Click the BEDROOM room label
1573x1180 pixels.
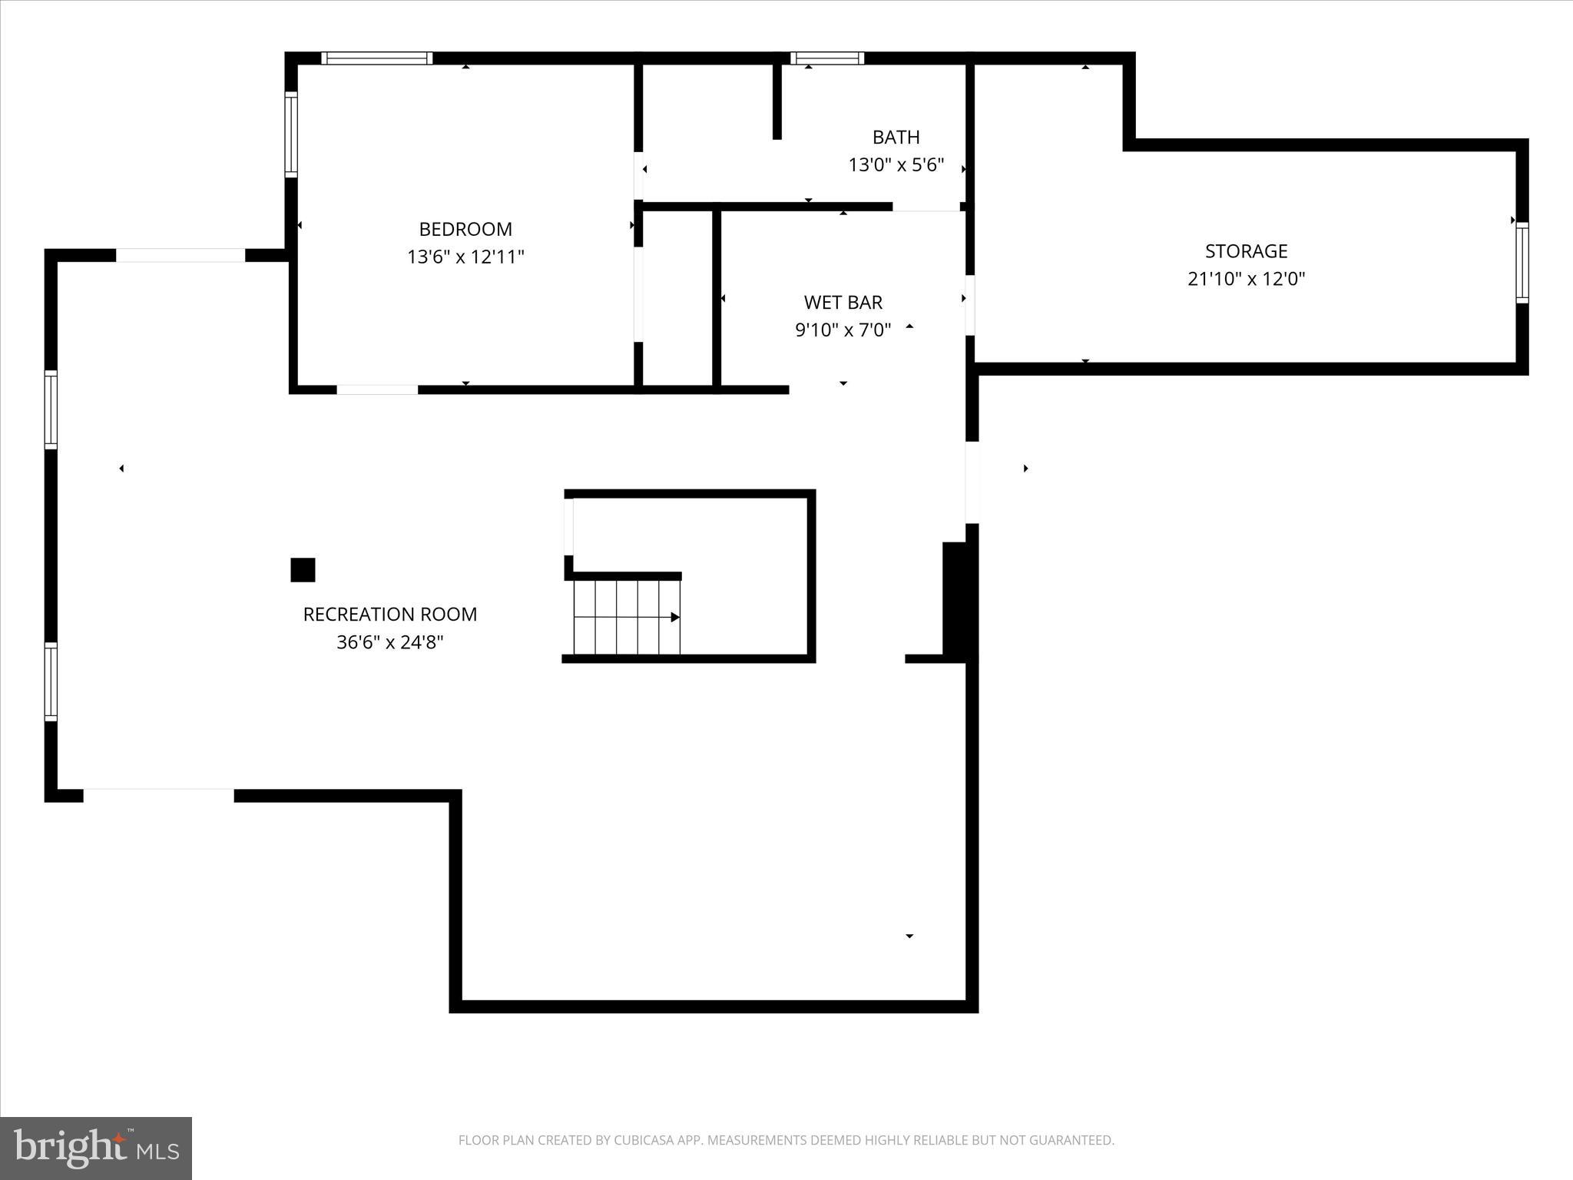[x=465, y=229]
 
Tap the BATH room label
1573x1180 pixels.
[x=896, y=138]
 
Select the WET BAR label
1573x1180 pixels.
[x=843, y=303]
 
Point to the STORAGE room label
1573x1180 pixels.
[x=1246, y=251]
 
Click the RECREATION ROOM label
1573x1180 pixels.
[x=389, y=615]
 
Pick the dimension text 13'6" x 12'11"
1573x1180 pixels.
[x=465, y=257]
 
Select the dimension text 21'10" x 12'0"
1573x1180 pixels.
[x=1246, y=279]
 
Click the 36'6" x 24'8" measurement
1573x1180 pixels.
[x=389, y=642]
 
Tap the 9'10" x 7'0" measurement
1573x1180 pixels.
[x=843, y=330]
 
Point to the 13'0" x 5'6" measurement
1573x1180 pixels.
[x=896, y=165]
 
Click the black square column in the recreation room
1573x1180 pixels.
[x=303, y=570]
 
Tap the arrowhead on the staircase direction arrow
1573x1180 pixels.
[x=675, y=617]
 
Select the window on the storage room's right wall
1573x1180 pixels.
[x=1522, y=263]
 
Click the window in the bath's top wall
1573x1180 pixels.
[x=827, y=58]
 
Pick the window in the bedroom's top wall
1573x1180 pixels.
[x=376, y=58]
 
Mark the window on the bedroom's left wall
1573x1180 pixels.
[x=291, y=134]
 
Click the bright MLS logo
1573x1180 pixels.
[x=96, y=1149]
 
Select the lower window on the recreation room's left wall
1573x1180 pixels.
[x=51, y=681]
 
